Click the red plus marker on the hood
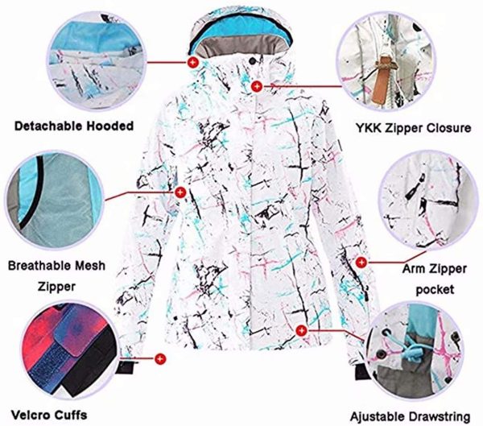tap(192, 61)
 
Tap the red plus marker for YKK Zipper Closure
tap(257, 85)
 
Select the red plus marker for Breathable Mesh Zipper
tap(180, 192)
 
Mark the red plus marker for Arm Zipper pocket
tap(361, 261)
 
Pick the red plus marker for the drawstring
tap(301, 329)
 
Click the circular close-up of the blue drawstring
tap(418, 354)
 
